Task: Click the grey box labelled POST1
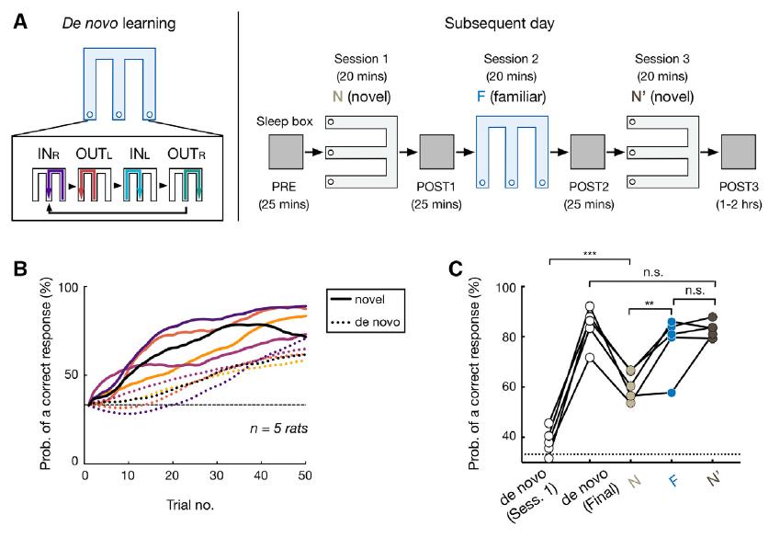(434, 152)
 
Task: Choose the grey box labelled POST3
(738, 152)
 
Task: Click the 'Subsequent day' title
(504, 17)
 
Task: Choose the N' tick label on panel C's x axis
(713, 478)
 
